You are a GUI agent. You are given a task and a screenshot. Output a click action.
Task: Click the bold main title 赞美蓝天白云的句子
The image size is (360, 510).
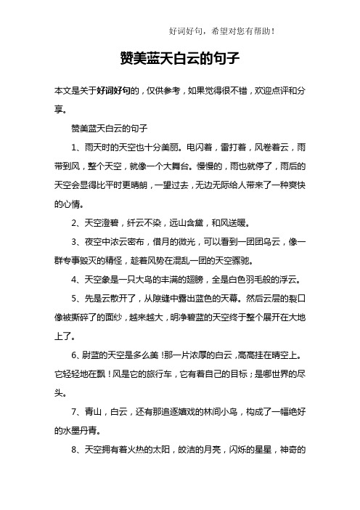tap(179, 57)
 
